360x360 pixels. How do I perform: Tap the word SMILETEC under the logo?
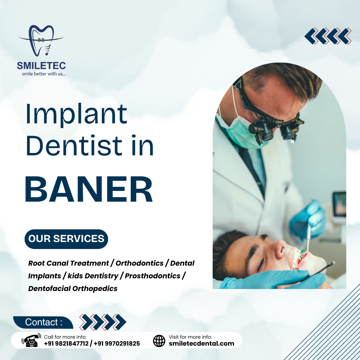41,66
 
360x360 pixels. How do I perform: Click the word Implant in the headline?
76,114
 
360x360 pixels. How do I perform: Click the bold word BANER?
89,190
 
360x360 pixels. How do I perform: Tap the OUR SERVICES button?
66,239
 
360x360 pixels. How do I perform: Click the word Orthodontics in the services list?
140,263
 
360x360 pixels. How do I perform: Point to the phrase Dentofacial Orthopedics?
73,288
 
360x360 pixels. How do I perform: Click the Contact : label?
44,322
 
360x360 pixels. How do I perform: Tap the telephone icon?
31,340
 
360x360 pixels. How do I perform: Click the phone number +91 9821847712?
66,343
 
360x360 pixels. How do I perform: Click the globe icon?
159,341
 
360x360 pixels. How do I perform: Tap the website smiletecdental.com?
201,343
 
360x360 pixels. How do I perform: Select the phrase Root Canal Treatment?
68,263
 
